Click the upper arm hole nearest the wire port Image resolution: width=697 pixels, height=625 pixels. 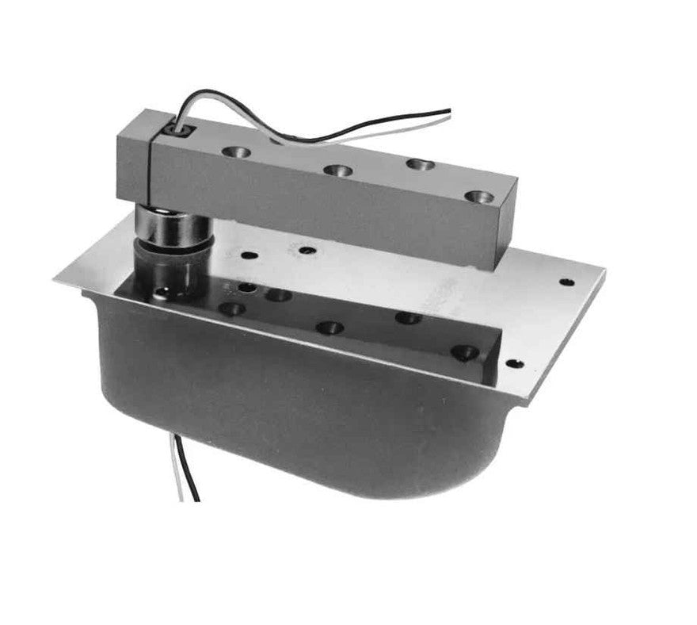(236, 151)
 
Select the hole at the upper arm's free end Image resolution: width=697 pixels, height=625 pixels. (478, 196)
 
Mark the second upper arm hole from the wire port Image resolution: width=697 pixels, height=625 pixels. (337, 171)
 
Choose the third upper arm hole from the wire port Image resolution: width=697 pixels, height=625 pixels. (419, 166)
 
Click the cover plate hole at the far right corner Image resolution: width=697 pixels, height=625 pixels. (565, 282)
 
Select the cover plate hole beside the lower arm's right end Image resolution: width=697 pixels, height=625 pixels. (515, 364)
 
